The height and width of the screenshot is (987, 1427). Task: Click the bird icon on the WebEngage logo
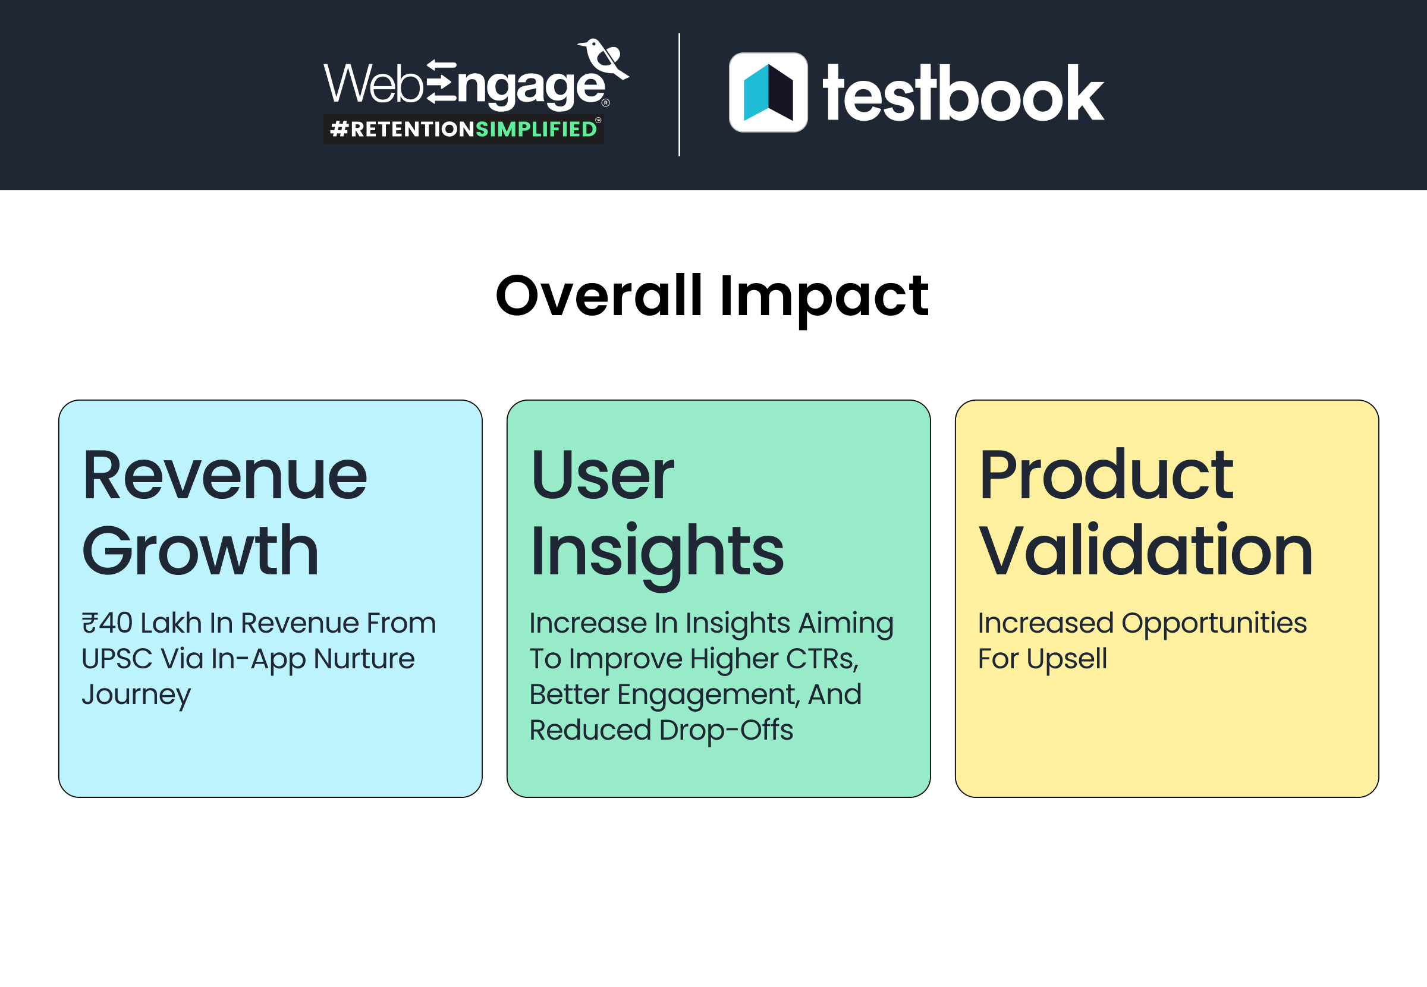tap(602, 59)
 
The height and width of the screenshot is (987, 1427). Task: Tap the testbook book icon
tap(768, 92)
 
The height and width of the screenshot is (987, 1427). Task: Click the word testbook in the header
tap(963, 94)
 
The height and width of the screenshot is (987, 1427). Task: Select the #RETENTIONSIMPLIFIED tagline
tap(464, 129)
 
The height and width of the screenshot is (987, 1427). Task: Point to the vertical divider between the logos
tap(679, 95)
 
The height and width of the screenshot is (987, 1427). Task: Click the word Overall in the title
tap(599, 296)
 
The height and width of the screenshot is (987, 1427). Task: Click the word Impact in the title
tap(823, 297)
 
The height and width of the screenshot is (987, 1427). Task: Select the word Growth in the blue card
tap(200, 551)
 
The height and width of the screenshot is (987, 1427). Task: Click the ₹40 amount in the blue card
tap(107, 623)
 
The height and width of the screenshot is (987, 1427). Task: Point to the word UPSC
tap(117, 659)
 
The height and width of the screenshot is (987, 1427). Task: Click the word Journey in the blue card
tap(136, 695)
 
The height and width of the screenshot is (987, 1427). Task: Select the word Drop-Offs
tap(726, 730)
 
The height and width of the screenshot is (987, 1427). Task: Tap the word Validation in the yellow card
tap(1146, 551)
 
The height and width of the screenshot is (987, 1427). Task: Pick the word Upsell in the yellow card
tap(1067, 659)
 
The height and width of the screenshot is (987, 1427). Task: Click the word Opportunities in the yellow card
tap(1214, 623)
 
